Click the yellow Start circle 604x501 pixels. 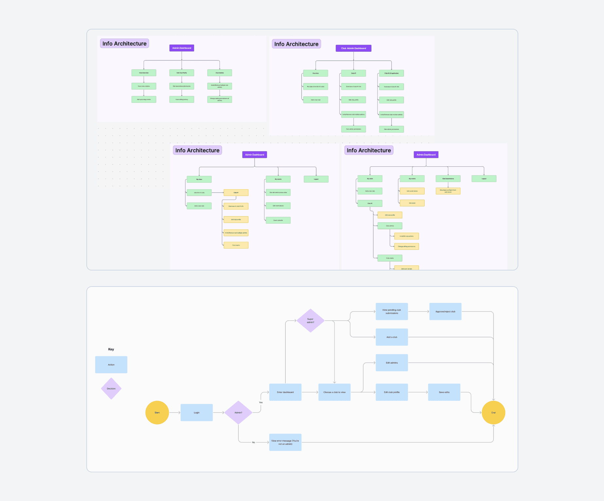[157, 413]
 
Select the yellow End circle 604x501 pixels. [493, 413]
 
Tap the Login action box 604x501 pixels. [197, 413]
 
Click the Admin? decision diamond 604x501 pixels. [239, 413]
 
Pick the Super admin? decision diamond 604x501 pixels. [311, 321]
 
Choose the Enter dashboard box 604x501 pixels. [285, 392]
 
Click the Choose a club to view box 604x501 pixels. [334, 392]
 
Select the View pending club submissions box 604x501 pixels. [392, 311]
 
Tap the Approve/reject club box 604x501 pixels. [445, 311]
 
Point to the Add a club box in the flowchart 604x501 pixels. [392, 337]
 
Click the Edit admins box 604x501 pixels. [392, 363]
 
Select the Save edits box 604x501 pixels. [444, 392]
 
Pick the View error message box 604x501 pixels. [285, 442]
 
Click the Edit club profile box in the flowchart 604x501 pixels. [392, 392]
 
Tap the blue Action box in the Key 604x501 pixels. [111, 365]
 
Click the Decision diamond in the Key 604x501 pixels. [111, 389]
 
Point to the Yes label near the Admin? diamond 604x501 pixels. [261, 402]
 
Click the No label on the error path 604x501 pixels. [254, 442]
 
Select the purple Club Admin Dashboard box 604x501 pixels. [353, 48]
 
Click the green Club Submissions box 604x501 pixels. [448, 179]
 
